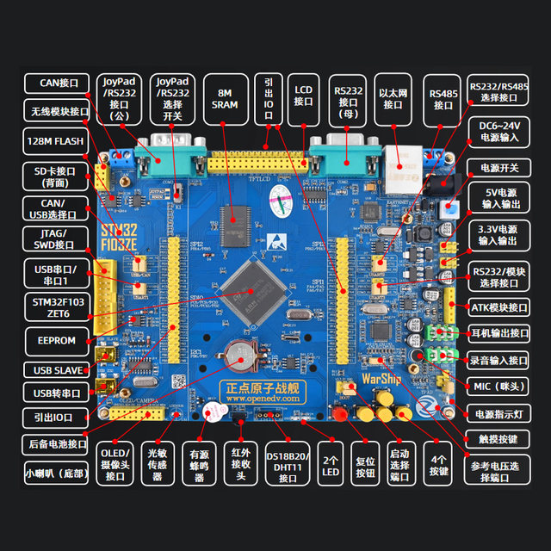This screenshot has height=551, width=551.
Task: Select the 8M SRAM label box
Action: coord(226,98)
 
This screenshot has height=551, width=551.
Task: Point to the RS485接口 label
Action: coord(443,98)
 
